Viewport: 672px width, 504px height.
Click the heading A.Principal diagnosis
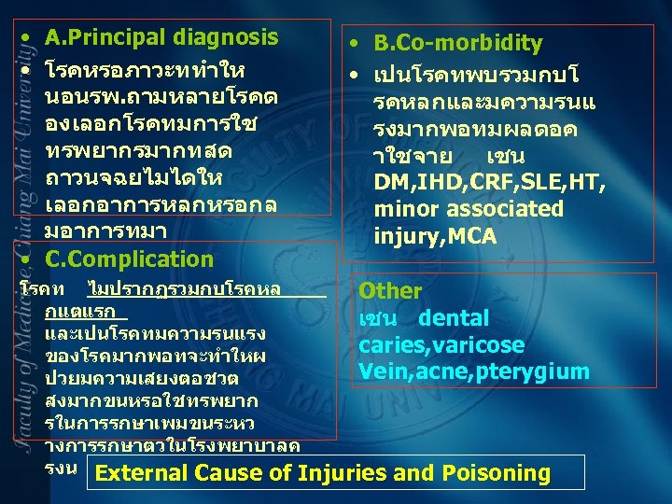[x=161, y=38]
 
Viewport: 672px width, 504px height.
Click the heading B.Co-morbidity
[x=457, y=44]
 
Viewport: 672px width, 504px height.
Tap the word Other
[x=390, y=291]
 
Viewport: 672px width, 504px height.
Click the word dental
[x=454, y=318]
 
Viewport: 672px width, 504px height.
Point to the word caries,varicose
[x=441, y=345]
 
